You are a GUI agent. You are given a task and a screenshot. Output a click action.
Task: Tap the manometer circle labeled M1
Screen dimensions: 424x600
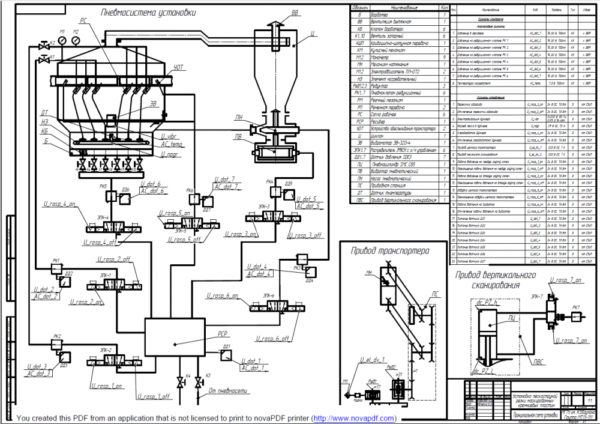coord(62,40)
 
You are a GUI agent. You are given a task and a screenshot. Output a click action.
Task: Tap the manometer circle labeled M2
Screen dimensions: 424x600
coord(76,40)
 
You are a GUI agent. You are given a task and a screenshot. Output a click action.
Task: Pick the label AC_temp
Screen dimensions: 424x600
coord(172,145)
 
